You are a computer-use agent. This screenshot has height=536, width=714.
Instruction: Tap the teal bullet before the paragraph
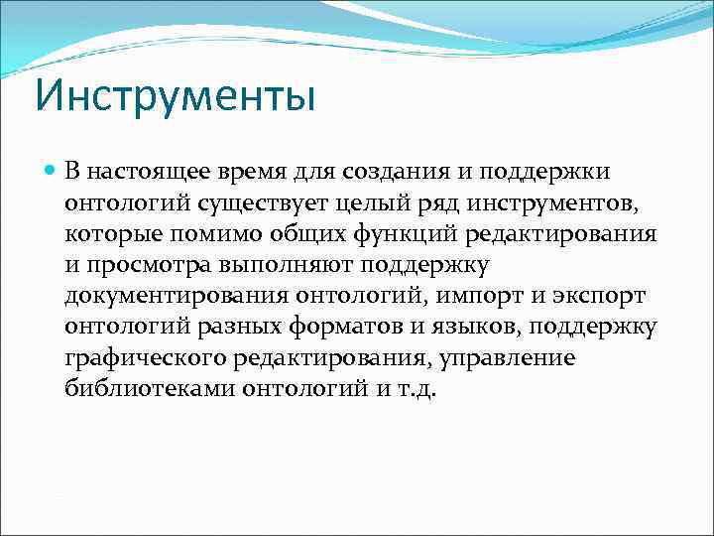tap(52, 172)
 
